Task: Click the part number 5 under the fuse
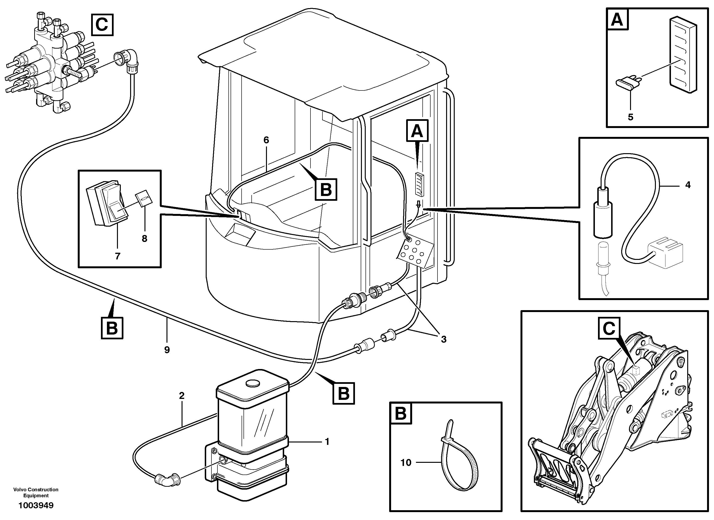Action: point(630,117)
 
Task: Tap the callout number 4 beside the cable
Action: point(688,185)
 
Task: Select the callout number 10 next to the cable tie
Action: point(406,463)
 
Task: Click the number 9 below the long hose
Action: point(167,350)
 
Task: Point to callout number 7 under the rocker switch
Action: point(117,256)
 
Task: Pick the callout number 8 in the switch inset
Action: point(144,239)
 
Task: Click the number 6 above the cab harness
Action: point(266,140)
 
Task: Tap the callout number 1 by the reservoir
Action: point(327,442)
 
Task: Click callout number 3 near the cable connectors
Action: point(443,340)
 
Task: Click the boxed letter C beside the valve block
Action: point(102,25)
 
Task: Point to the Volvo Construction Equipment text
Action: point(36,492)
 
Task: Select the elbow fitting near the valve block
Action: point(130,60)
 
